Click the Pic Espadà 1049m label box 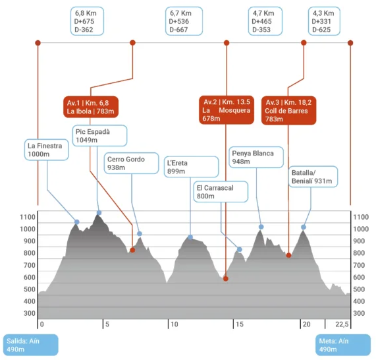(x=99, y=136)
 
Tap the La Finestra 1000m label (x=47, y=150)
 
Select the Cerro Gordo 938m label (x=131, y=164)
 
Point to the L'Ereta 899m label (x=191, y=167)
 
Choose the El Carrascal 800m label (x=221, y=192)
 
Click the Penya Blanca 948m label (x=256, y=158)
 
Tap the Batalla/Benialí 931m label (x=313, y=177)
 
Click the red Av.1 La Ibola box (x=91, y=107)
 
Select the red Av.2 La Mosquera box (x=227, y=110)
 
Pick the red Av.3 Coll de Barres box (x=288, y=111)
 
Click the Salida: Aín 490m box (x=31, y=345)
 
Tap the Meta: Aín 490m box (x=343, y=345)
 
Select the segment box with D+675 (x=87, y=21)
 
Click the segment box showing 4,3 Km (x=324, y=21)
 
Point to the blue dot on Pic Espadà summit (x=99, y=213)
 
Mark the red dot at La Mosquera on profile (x=226, y=279)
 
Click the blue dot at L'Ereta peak (x=190, y=237)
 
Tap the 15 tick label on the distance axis (x=240, y=324)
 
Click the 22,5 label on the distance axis (x=342, y=324)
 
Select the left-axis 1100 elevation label (x=28, y=217)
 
